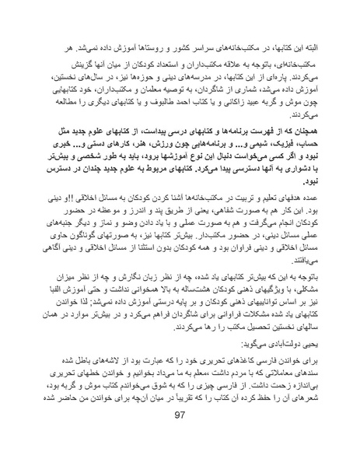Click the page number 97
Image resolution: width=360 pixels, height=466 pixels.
(181, 436)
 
